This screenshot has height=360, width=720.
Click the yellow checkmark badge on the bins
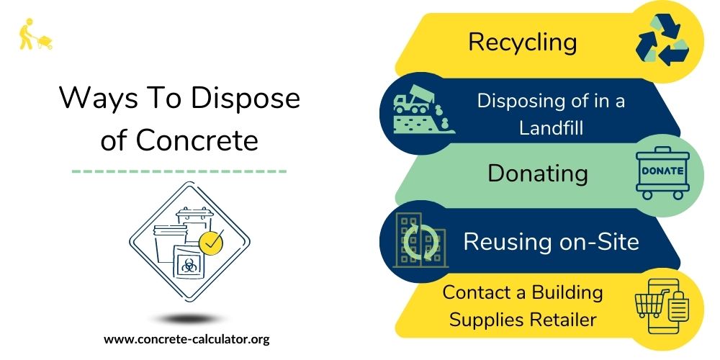coord(210,244)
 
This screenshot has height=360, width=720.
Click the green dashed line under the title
coord(180,171)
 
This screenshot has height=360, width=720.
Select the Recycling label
coord(522,42)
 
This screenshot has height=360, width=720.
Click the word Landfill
coord(551,128)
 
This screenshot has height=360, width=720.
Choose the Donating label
coord(537,174)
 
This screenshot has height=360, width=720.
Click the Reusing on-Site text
coord(551,241)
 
